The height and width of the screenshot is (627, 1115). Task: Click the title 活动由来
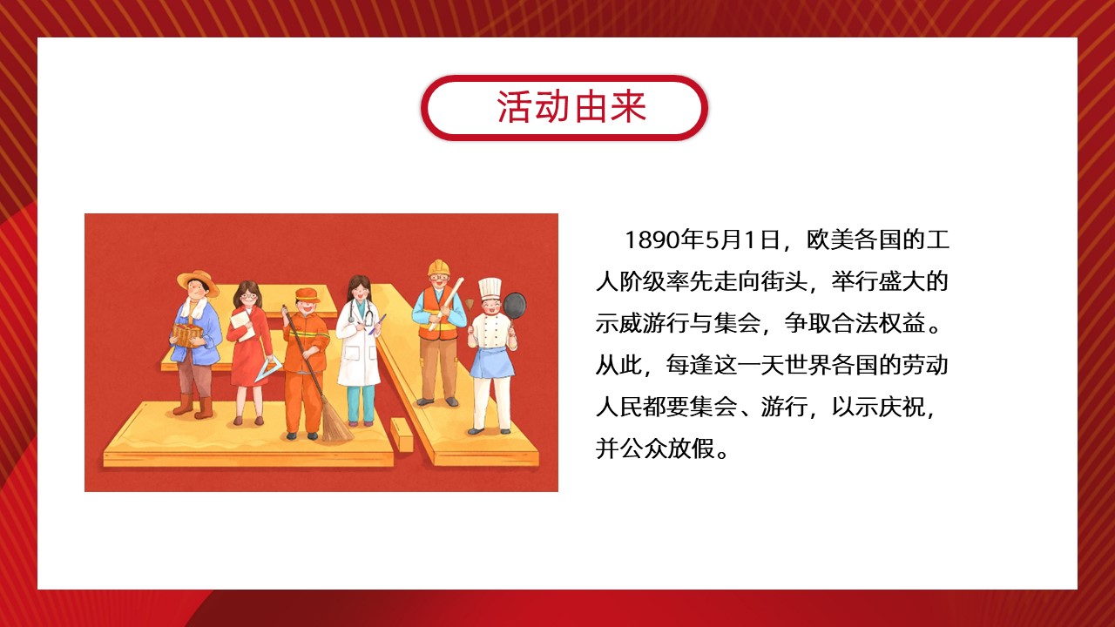coord(571,107)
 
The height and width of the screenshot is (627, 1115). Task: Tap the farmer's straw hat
coord(198,281)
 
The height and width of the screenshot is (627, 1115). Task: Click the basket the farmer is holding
coord(187,335)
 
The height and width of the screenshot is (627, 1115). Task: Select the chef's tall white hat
coord(490,290)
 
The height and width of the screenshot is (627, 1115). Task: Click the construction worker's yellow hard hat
coord(438,267)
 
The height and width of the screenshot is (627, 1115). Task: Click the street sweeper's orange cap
coord(307,295)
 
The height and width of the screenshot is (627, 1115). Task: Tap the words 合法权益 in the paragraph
coord(878,323)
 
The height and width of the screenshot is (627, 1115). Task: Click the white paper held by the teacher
coord(243,324)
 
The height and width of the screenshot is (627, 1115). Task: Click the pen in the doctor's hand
coord(377,324)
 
